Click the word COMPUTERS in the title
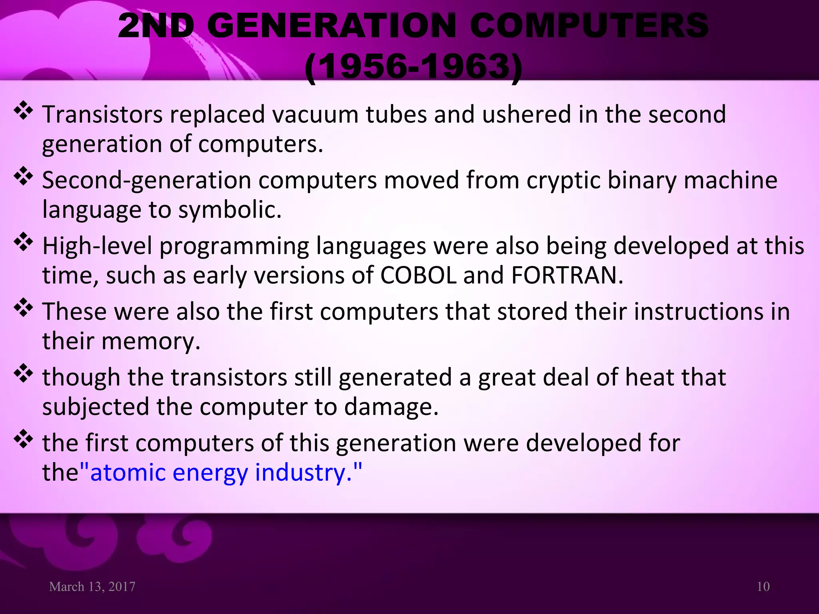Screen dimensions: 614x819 click(589, 26)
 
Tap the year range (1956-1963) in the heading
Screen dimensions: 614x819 click(413, 67)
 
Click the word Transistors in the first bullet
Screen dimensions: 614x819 click(102, 115)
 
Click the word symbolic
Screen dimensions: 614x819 click(230, 210)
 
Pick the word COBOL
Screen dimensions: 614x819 click(418, 276)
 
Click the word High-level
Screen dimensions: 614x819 click(97, 246)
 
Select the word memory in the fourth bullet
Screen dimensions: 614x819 click(151, 342)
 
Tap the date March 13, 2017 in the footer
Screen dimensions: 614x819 click(92, 587)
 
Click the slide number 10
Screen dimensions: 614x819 click(763, 587)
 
